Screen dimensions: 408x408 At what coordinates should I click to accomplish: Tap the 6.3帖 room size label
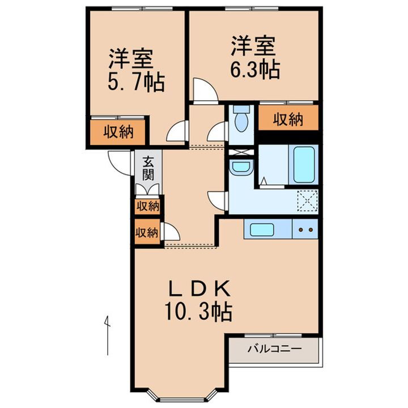point(254,69)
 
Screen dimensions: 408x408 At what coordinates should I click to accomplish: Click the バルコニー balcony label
point(274,349)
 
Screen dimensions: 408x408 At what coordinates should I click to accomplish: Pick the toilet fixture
point(241,120)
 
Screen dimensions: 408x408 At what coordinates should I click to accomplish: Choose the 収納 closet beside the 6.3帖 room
point(288,120)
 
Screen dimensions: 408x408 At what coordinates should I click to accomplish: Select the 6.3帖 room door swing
point(202,91)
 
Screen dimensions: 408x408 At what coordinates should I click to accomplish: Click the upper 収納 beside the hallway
point(147,206)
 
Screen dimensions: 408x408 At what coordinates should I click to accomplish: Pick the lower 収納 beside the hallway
point(146,232)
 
